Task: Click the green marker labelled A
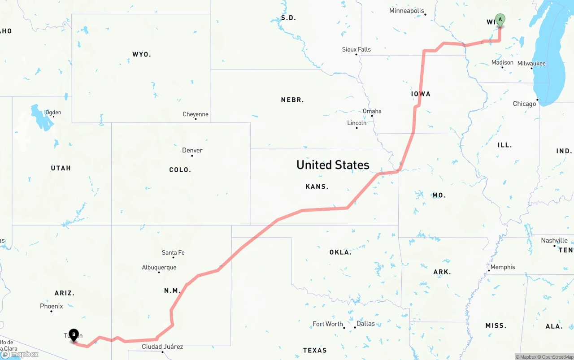point(500,20)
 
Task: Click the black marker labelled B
point(74,335)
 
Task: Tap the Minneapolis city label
point(406,11)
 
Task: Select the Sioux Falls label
point(356,49)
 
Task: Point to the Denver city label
point(192,150)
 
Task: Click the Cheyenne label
point(196,114)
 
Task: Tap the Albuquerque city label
point(159,267)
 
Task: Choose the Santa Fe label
point(173,252)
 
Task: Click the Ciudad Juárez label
point(162,347)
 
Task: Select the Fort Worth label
point(328,324)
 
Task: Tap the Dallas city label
point(365,323)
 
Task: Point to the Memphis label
point(503,267)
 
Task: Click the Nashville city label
point(554,240)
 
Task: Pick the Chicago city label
point(525,104)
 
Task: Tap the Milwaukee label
point(531,63)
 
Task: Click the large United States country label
point(333,165)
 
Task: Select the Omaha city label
point(372,111)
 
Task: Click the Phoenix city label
point(52,306)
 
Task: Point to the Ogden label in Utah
point(53,113)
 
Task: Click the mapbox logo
point(20,354)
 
